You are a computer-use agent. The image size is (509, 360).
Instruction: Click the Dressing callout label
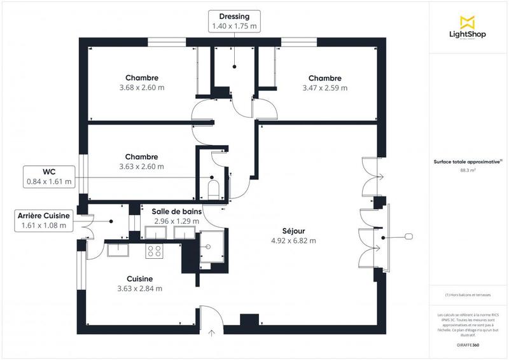234,21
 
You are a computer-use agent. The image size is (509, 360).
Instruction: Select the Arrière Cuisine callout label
44,220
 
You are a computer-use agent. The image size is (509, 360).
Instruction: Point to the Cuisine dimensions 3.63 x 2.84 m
139,288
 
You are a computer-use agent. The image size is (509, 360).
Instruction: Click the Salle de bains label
176,211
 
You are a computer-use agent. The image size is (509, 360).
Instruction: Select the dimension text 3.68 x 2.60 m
141,88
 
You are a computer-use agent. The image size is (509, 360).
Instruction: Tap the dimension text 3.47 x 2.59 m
325,88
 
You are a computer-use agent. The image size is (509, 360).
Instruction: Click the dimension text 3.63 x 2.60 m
141,167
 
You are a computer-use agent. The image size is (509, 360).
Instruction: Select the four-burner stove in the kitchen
154,251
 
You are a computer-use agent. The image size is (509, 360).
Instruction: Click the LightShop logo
468,28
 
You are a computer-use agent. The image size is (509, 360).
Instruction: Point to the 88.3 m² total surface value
468,170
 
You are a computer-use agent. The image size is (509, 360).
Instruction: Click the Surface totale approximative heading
468,162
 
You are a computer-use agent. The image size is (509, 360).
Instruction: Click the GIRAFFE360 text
468,343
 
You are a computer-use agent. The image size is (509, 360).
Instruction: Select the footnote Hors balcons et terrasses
468,295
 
